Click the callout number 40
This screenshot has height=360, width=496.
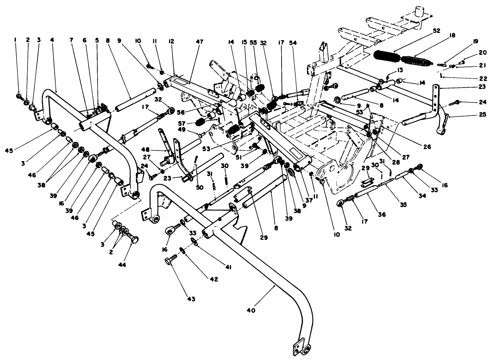pyautogui.click(x=251, y=311)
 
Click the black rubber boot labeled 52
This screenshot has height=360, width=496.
pyautogui.click(x=387, y=55)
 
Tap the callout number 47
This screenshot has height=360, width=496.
pyautogui.click(x=199, y=42)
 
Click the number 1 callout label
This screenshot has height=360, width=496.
pyautogui.click(x=15, y=41)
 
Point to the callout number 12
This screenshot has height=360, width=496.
pyautogui.click(x=172, y=42)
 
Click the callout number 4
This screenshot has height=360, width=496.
pyautogui.click(x=53, y=41)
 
